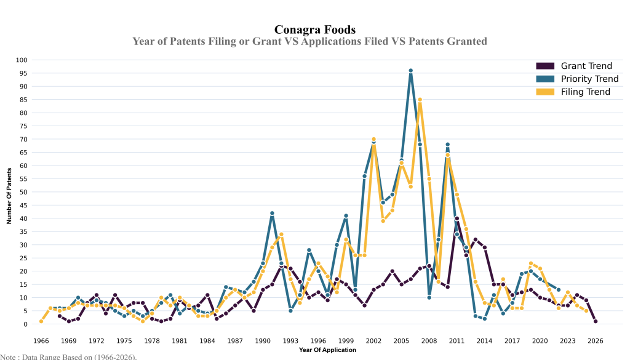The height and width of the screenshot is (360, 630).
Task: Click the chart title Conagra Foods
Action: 314,30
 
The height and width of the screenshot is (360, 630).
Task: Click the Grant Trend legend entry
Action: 585,66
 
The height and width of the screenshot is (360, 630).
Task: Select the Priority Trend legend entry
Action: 589,79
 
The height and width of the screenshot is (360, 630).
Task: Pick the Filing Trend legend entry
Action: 584,92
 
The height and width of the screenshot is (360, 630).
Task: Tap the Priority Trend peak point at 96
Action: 410,71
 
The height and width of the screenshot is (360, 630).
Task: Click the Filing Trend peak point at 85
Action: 420,100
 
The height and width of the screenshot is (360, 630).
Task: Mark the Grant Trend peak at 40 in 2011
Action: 457,218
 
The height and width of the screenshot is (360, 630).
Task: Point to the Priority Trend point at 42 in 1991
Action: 272,214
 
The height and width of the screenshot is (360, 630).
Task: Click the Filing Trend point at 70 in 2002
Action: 373,139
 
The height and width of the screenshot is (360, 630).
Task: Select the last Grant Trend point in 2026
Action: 596,321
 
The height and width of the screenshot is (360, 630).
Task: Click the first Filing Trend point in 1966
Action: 41,321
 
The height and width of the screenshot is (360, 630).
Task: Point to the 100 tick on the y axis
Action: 22,60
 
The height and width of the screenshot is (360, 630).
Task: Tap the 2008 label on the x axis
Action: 429,340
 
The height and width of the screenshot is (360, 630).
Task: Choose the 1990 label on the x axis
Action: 263,340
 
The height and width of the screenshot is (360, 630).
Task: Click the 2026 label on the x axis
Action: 596,340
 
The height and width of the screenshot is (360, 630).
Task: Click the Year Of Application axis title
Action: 327,350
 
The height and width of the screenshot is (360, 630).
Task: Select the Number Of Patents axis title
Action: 9,192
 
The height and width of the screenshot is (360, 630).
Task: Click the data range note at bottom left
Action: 68,356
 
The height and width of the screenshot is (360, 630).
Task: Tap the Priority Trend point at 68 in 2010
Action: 447,145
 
